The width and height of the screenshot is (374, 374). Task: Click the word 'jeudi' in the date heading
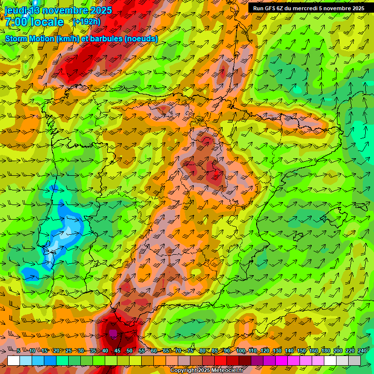point(16,10)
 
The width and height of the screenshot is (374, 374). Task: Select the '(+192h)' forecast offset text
point(87,22)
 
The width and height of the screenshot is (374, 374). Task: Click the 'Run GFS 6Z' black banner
point(309,8)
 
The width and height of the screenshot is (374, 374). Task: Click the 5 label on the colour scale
point(19,351)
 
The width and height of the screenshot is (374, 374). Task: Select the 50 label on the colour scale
point(130,351)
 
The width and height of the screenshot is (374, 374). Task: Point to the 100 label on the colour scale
point(241,351)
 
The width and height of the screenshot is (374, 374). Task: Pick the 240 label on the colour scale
point(362,351)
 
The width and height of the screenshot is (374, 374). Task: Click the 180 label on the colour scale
point(326,351)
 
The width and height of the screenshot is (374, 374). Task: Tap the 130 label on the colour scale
point(277,351)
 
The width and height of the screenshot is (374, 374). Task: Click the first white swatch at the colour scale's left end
point(14,360)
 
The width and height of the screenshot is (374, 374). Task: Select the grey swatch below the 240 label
point(355,360)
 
